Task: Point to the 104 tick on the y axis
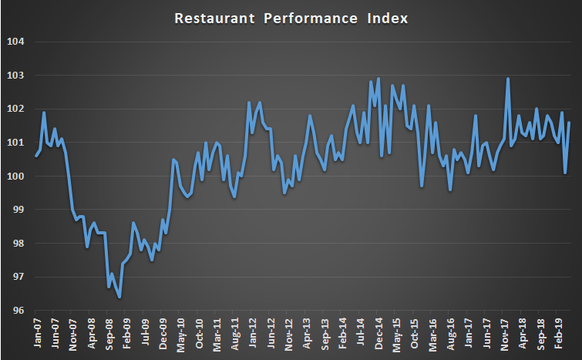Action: click(16, 42)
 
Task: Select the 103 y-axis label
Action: click(16, 76)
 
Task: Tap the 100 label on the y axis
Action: click(16, 177)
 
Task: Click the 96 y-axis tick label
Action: click(19, 311)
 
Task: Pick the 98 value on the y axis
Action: click(19, 244)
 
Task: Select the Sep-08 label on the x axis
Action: click(109, 332)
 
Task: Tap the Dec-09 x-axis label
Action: click(163, 332)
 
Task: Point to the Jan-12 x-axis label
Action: click(253, 332)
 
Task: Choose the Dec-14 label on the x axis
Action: click(378, 332)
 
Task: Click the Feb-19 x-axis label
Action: click(559, 332)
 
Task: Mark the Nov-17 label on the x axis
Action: click(505, 332)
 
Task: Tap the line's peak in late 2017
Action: click(508, 79)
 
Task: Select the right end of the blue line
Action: click(569, 123)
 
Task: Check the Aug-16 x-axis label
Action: click(451, 332)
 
